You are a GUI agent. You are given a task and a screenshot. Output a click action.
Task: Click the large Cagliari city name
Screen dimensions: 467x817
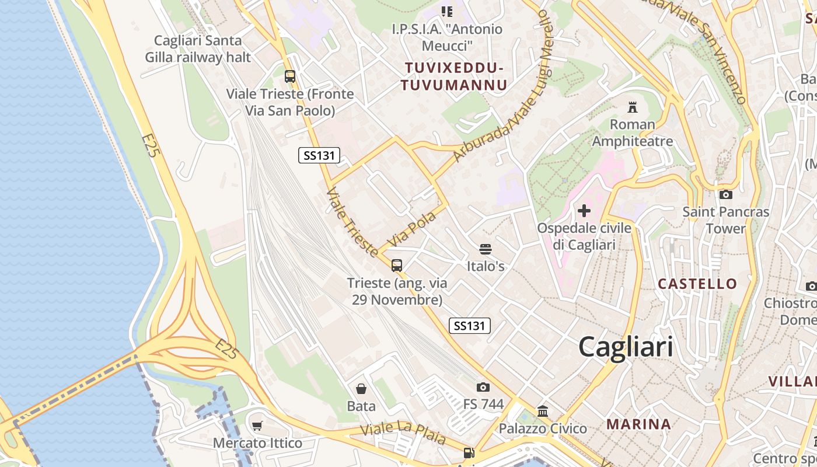tap(625, 347)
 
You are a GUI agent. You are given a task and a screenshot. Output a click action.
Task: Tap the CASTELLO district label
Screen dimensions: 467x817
tap(697, 284)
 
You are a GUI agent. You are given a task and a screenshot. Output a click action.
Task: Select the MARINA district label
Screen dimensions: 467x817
tap(638, 424)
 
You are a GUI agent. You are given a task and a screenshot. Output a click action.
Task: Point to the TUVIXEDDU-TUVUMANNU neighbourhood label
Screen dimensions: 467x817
tap(453, 76)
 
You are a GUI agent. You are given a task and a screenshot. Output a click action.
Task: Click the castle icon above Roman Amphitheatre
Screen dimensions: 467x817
tap(632, 107)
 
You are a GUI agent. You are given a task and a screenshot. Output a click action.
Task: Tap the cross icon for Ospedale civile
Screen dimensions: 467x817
tap(584, 210)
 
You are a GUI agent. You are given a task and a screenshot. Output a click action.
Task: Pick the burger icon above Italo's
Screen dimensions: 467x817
tap(485, 249)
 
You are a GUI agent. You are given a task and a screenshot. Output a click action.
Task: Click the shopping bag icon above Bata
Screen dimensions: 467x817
tap(361, 389)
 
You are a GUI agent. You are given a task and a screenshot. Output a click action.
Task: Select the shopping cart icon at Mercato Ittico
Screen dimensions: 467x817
tap(257, 426)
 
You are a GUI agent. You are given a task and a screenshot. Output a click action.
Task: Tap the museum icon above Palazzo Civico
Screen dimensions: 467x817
tap(543, 412)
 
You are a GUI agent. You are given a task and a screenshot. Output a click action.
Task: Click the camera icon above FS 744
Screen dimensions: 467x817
tap(483, 387)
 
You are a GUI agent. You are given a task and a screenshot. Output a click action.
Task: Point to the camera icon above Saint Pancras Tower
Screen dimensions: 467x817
tap(726, 194)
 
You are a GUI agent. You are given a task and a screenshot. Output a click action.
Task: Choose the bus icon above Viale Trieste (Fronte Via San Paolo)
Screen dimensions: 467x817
tap(290, 76)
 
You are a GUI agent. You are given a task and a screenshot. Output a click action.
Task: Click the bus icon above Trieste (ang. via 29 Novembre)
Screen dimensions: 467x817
tap(397, 266)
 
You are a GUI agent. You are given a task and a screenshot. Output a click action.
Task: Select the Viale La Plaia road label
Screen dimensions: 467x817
tap(403, 433)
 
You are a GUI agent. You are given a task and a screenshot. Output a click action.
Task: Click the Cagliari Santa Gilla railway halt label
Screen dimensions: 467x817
tap(198, 49)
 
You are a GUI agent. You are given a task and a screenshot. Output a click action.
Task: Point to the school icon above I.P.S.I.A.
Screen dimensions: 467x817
tap(447, 12)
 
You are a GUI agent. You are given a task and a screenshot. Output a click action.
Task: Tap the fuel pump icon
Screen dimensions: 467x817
tap(469, 453)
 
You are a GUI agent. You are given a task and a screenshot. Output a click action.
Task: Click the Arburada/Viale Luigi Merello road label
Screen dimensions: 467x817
tap(503, 88)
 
